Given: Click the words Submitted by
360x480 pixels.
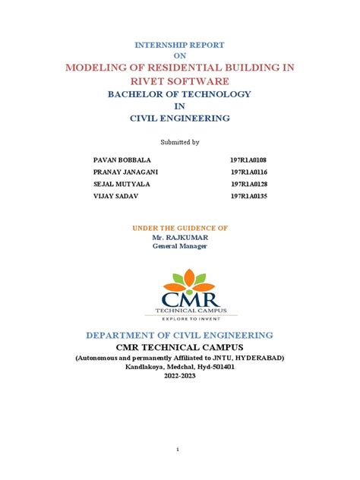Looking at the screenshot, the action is pos(179,142).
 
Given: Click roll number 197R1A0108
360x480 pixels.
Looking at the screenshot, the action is pos(249,161).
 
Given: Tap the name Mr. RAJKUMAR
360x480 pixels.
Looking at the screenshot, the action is pos(179,237).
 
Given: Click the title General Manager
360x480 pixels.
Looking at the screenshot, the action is pos(179,246).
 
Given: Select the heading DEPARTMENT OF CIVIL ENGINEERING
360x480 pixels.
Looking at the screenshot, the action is pos(179,335).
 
